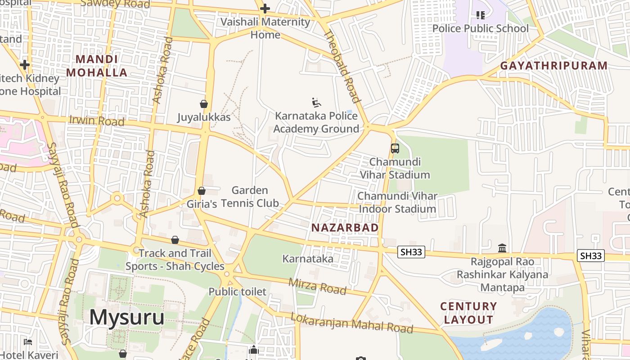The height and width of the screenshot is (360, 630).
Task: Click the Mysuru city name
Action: [x=127, y=317]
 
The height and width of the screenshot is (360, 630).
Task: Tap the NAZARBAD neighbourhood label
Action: [x=345, y=228]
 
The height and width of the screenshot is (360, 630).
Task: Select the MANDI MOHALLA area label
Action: [x=97, y=66]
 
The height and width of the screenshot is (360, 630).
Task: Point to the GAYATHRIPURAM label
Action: [x=554, y=66]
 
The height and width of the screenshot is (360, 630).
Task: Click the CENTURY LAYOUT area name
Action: [x=468, y=313]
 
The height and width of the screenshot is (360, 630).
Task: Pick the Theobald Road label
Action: [x=342, y=66]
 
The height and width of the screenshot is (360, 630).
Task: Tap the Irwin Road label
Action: [x=96, y=121]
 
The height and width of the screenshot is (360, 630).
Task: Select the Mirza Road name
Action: [x=317, y=286]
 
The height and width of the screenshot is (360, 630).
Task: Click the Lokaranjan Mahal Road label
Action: [x=351, y=323]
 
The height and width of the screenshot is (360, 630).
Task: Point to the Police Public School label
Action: [x=480, y=28]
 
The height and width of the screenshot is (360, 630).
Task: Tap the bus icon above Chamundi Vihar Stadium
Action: [x=395, y=148]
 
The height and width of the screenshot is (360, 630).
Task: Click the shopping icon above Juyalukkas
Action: [x=204, y=104]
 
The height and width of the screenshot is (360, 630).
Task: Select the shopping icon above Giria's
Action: [x=202, y=191]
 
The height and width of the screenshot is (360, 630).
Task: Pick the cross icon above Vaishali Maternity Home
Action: [x=265, y=8]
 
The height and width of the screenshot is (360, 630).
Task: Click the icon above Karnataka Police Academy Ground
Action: [x=316, y=103]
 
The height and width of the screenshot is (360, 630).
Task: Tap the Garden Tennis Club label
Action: [x=250, y=197]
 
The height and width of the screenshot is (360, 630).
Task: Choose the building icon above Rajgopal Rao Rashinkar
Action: [x=502, y=248]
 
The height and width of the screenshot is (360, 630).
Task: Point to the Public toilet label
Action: [x=237, y=292]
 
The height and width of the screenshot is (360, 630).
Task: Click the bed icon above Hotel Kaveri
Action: [x=28, y=342]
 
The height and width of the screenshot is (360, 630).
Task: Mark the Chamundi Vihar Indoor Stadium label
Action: [x=397, y=202]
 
